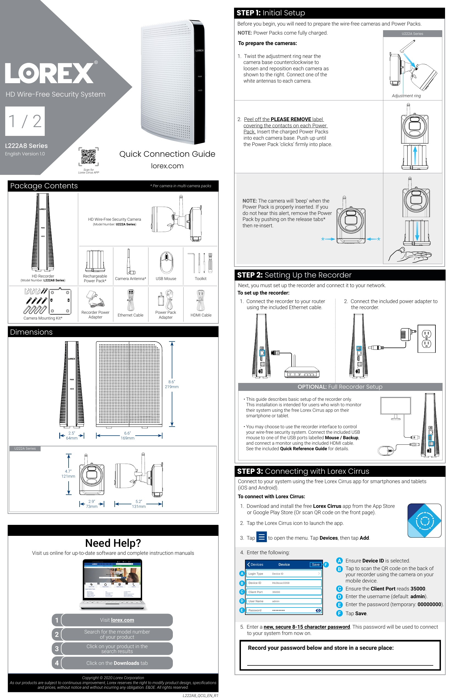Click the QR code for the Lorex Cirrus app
pos(88,156)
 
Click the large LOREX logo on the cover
pos(49,73)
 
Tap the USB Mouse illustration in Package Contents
pos(166,262)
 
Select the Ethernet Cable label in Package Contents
pos(130,315)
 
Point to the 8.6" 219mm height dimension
pos(172,384)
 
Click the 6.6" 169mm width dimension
pos(127,436)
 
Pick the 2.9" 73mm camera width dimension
pos(92,504)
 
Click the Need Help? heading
pos(113,543)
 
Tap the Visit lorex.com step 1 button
pos(117,620)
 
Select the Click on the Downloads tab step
pos(117,663)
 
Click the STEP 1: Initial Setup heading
pos(271,13)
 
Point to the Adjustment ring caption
pos(406,96)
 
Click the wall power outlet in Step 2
pos(426,338)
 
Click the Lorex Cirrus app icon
pos(424,520)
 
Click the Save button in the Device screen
pos(316,564)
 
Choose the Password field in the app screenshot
pos(284,610)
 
